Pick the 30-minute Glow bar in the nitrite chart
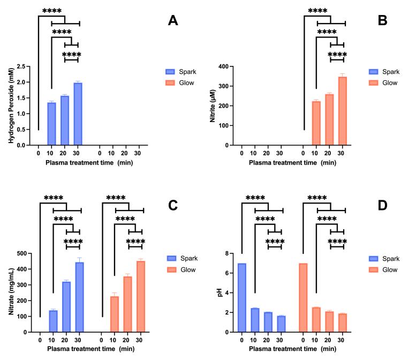tap(343, 111)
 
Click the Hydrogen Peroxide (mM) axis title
tap(10, 106)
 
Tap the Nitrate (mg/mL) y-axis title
tap(10, 292)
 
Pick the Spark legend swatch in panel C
tap(171, 259)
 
